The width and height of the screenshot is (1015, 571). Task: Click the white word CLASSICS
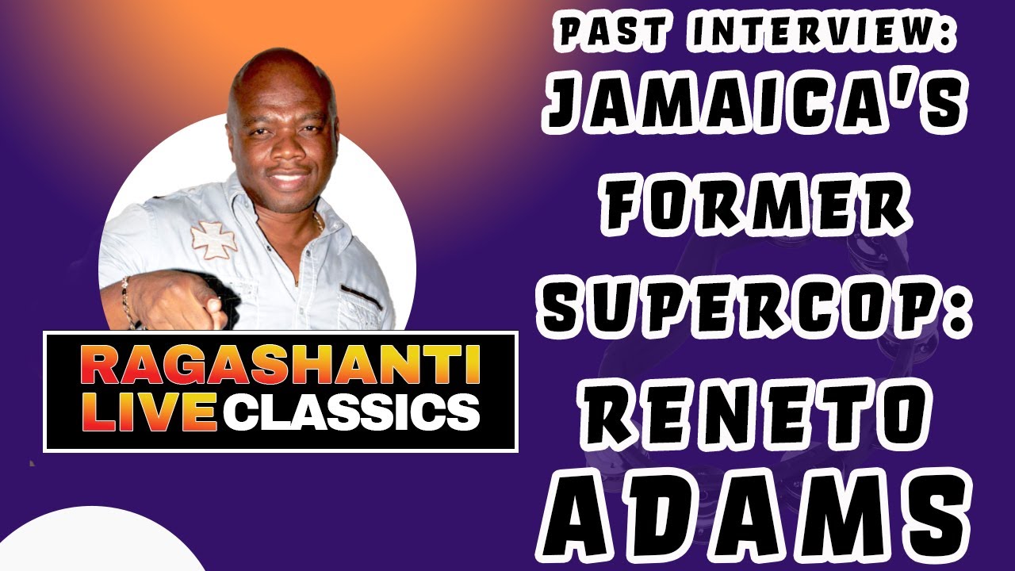click(x=349, y=413)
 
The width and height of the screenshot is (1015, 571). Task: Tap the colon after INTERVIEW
click(x=949, y=33)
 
